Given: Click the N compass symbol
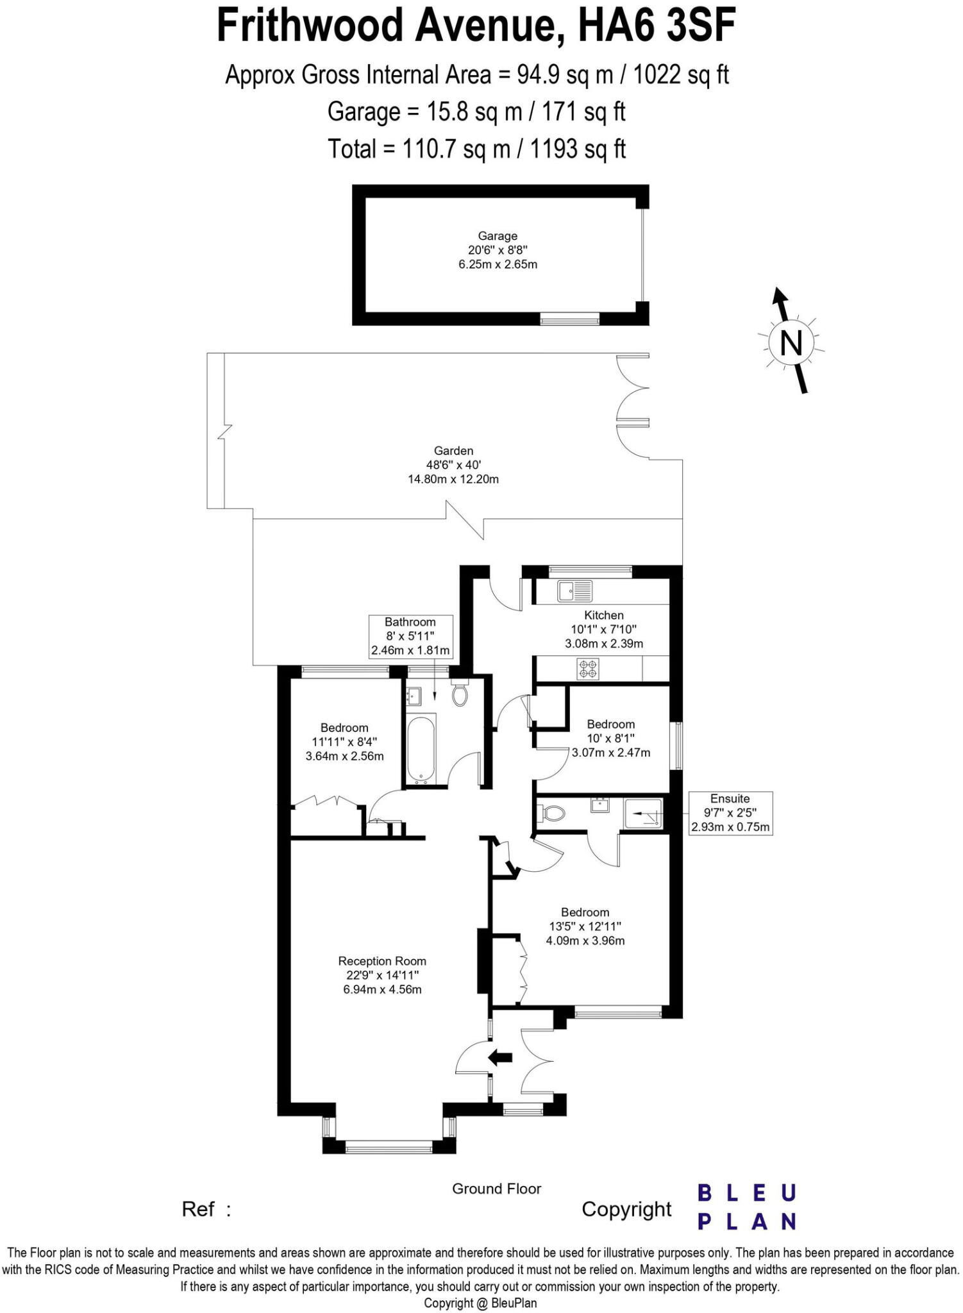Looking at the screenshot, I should coord(791,342).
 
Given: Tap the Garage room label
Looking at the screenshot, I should coord(497,236).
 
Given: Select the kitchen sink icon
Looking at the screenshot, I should coord(574,591).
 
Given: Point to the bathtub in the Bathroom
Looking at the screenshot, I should coord(421,749).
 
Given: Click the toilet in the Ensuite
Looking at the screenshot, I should coord(553,814).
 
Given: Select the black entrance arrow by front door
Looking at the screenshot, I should coord(500,1057).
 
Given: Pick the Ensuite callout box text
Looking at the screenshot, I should coord(730,813).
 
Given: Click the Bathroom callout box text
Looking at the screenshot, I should coord(410,636).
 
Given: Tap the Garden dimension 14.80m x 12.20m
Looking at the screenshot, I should coord(453,479).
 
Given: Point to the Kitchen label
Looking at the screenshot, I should coord(603,615).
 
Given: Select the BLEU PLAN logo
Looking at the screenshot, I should coord(746,1208).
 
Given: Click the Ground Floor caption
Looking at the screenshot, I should coord(496,1189).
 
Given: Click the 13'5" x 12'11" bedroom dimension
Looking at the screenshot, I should coord(585,926).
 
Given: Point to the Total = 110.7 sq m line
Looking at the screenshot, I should coord(476,149).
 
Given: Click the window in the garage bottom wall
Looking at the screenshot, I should coord(569,319).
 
